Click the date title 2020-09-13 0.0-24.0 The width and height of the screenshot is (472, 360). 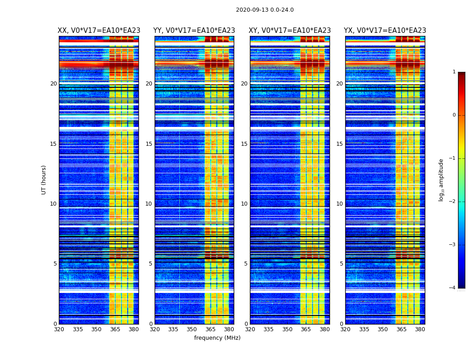(265, 10)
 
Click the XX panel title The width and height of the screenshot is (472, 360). (99, 31)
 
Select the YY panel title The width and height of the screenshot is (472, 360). (194, 31)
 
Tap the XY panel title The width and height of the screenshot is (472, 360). (289, 31)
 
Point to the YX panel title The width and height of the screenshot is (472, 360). (385, 31)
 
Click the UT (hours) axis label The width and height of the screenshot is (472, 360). (44, 180)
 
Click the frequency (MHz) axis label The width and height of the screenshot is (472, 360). (217, 338)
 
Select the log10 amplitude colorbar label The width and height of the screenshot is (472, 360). (441, 180)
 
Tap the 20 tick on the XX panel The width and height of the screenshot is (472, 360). (53, 84)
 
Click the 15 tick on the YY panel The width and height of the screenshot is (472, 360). (149, 144)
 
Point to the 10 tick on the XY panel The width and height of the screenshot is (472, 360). (244, 204)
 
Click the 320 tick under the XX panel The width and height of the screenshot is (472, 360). (59, 329)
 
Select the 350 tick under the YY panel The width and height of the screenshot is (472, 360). (191, 329)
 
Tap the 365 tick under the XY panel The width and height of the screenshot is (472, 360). (306, 329)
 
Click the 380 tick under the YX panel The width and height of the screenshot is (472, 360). (420, 329)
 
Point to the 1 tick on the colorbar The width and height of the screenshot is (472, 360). (454, 72)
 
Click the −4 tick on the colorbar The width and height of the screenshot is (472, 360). (453, 288)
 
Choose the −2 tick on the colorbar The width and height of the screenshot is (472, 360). (453, 202)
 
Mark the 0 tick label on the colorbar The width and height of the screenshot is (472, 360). (454, 115)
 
